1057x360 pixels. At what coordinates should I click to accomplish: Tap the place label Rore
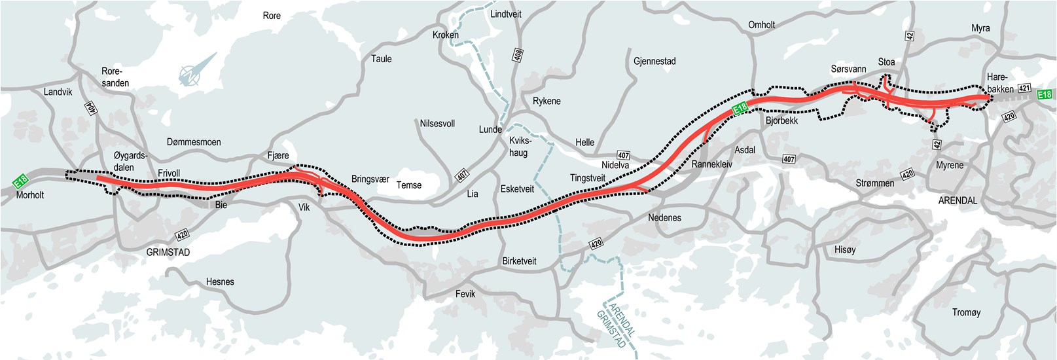(x=272, y=16)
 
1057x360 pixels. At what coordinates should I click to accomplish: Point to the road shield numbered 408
(x=518, y=56)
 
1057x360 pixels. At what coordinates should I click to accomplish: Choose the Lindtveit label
(x=506, y=14)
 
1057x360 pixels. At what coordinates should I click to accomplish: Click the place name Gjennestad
(x=654, y=61)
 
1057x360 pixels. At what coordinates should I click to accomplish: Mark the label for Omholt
(x=761, y=25)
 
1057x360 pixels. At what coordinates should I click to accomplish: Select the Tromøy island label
(x=966, y=312)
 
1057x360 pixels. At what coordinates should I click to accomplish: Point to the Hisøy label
(x=845, y=249)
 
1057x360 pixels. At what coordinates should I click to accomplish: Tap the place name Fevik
(x=465, y=294)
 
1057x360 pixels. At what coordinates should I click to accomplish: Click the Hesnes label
(x=220, y=281)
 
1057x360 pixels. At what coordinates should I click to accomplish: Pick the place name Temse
(x=409, y=185)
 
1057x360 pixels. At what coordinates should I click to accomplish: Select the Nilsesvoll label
(x=437, y=123)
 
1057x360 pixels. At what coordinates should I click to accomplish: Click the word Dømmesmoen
(x=194, y=142)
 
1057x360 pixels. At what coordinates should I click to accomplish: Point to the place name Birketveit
(x=519, y=261)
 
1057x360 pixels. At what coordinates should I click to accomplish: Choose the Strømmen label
(x=874, y=183)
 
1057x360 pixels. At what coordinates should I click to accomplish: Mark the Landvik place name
(x=58, y=92)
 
